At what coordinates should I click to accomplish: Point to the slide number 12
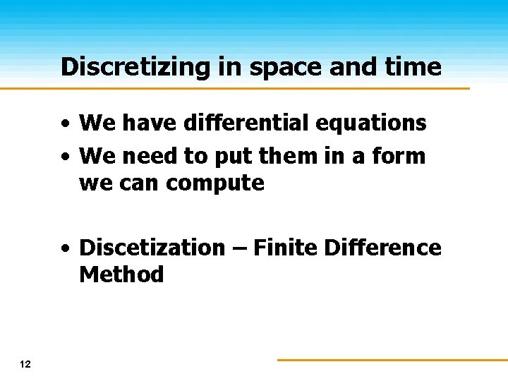25,364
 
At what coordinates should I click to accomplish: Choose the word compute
215,183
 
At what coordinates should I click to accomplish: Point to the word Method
121,274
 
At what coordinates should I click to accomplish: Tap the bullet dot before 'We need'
65,157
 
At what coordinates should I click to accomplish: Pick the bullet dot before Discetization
65,249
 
